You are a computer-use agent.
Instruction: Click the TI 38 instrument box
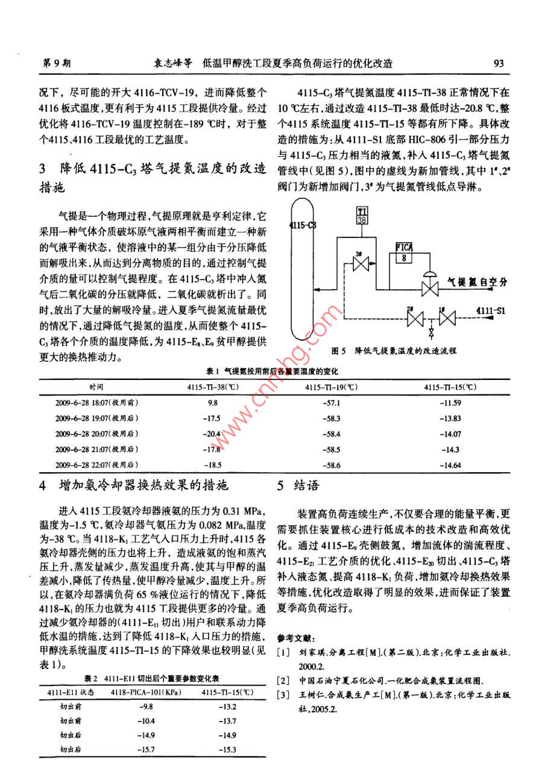point(362,215)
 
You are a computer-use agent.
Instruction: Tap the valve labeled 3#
point(361,265)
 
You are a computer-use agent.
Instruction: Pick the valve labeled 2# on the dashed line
point(415,317)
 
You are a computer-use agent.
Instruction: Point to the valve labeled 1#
point(448,317)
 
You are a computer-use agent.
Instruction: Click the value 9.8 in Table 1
point(212,402)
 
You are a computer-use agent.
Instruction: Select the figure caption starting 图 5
point(395,349)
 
